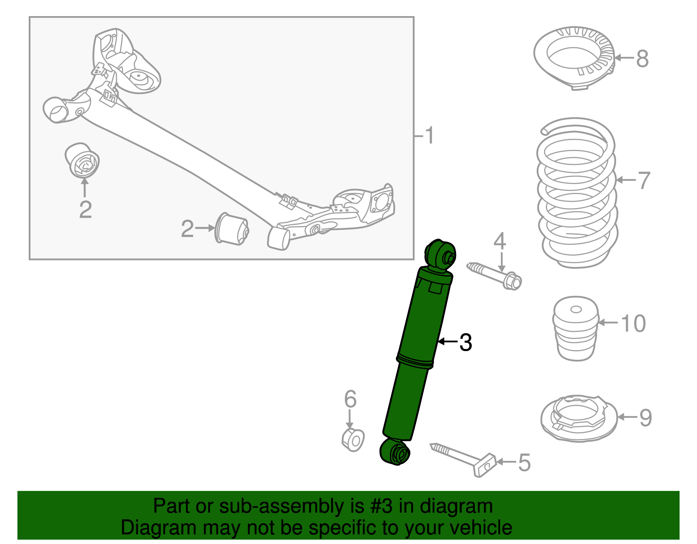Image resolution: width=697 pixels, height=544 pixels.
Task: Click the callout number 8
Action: click(x=642, y=58)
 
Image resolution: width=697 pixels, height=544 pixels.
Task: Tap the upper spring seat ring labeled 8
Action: click(x=574, y=57)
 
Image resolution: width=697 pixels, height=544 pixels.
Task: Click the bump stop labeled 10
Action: click(x=575, y=329)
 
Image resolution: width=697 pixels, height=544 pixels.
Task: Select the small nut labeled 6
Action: click(x=353, y=440)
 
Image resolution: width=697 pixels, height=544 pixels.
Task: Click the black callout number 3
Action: click(x=466, y=342)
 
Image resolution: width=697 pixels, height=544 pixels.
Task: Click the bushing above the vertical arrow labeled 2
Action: click(x=82, y=160)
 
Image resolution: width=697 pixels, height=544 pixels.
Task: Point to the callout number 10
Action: click(x=633, y=324)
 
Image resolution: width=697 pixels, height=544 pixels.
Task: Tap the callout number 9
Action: click(x=645, y=417)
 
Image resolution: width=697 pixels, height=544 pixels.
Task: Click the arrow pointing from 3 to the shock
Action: click(x=447, y=342)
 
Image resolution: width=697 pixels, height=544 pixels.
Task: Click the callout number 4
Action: click(x=500, y=241)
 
